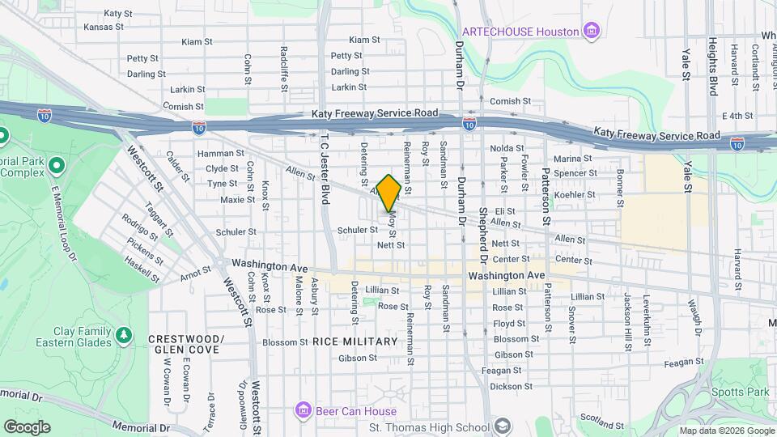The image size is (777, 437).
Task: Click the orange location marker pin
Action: (388, 193)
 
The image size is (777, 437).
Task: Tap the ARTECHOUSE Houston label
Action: (520, 32)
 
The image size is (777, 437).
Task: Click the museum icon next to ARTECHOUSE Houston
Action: (592, 32)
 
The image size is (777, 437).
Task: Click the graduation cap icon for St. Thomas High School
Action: (502, 426)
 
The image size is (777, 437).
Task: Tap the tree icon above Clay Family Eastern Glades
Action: (124, 333)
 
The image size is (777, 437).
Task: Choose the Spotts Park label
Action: (741, 392)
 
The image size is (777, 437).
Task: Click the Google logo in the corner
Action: (27, 426)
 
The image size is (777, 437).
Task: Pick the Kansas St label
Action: (103, 27)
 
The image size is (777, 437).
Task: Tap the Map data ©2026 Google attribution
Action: (725, 431)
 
